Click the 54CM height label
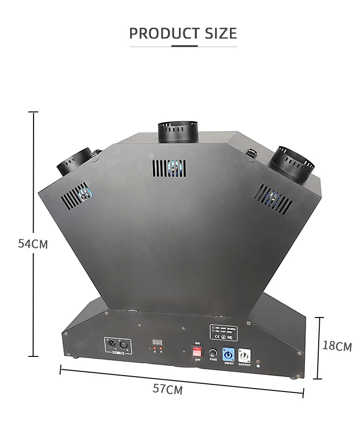tap(33, 244)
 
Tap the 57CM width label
tap(168, 389)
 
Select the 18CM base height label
tap(337, 346)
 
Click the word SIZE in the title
tap(220, 34)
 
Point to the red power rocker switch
tap(197, 352)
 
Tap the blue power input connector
tap(228, 354)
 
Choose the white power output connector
tap(244, 355)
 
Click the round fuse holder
tap(213, 354)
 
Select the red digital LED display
tap(157, 342)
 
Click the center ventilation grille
tap(169, 169)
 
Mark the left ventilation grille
tap(75, 196)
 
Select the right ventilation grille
tap(275, 198)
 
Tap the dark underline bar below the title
tap(184, 46)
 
